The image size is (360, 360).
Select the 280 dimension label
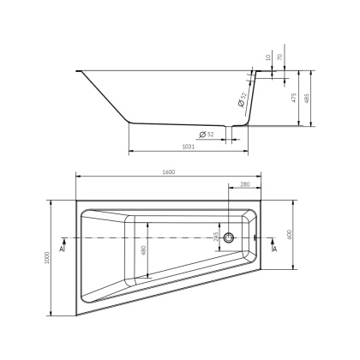coord(244,183)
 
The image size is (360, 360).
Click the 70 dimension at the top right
coord(281,60)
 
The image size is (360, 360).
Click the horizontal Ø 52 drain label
coord(206,135)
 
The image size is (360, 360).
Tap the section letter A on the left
coord(62,249)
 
